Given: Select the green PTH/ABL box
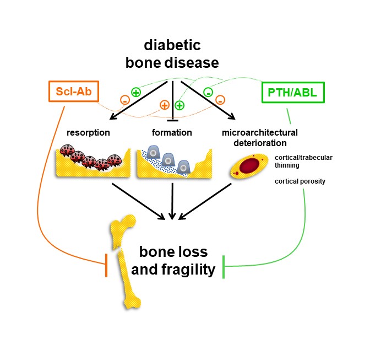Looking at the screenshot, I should (292, 92).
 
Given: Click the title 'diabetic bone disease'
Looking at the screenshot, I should (173, 53).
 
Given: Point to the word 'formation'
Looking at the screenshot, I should (171, 133).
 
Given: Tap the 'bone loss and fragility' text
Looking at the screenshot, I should (173, 260).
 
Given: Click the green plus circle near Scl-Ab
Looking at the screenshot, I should (135, 93).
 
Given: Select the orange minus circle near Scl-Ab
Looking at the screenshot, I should (125, 101).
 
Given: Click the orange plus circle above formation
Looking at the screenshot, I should (164, 104).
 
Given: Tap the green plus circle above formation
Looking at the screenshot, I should (179, 104).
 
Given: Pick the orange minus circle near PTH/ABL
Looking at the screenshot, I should (220, 100).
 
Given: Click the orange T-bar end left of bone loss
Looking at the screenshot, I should (106, 266).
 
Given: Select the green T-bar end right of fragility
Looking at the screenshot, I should (224, 266).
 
